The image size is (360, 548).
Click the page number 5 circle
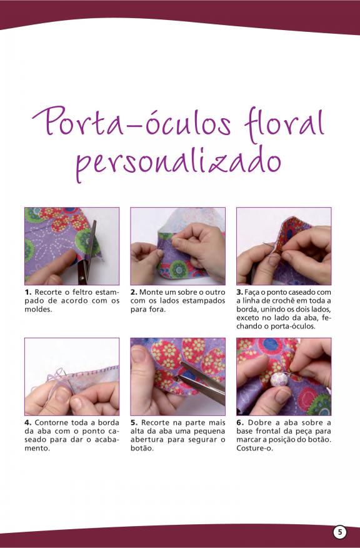(x=340, y=532)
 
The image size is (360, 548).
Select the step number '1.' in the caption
(x=28, y=292)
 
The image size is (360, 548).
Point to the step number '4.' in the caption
(x=28, y=423)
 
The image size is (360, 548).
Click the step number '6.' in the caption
(x=240, y=423)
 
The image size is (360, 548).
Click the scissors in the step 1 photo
(x=87, y=255)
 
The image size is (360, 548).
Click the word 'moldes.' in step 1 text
(x=38, y=309)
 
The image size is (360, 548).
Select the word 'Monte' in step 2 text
(x=151, y=292)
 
